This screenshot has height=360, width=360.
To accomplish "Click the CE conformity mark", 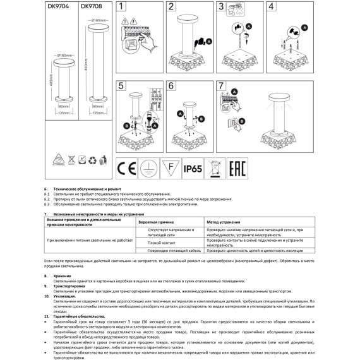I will coord(127,169).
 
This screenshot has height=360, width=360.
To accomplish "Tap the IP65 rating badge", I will coord(193,169).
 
